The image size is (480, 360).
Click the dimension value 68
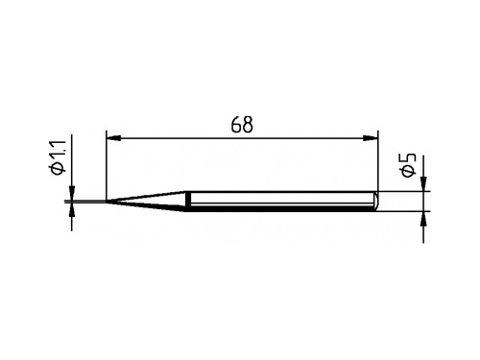242,125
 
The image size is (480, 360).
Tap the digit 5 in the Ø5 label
409,158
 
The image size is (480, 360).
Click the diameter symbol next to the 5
409,171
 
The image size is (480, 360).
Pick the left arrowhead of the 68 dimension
113,138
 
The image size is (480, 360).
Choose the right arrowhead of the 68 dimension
370,138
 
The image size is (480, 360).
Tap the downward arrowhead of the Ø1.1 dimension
71,193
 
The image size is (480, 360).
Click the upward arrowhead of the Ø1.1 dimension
71,210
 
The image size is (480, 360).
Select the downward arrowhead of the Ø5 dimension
423,183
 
